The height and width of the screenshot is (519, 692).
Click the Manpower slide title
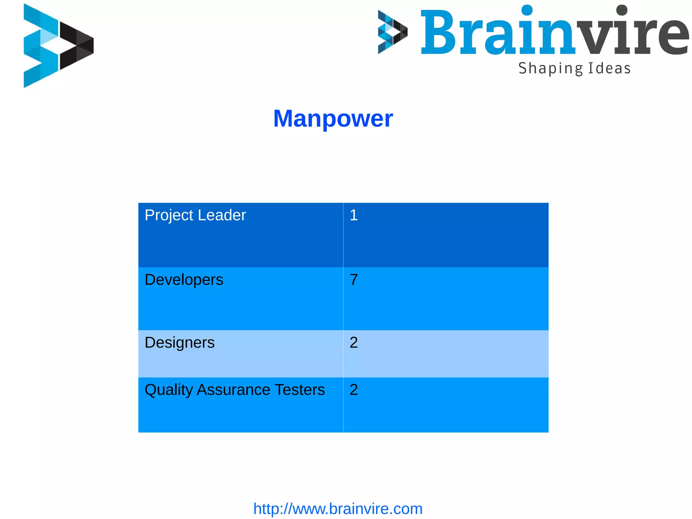333,119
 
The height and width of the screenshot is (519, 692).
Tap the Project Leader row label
195,215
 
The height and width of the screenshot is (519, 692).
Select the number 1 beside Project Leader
353,215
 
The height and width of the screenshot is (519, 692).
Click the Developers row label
184,280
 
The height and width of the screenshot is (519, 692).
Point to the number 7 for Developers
353,280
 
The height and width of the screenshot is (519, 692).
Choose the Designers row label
179,343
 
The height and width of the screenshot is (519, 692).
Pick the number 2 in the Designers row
353,343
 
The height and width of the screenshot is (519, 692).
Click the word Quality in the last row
168,390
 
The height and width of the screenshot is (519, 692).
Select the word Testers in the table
300,390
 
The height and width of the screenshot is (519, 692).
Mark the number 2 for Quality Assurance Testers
353,390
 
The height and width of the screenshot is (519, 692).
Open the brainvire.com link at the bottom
338,509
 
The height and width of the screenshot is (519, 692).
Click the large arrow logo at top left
57,46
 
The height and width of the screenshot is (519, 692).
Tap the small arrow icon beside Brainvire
392,32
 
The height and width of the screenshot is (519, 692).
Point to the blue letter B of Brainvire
439,32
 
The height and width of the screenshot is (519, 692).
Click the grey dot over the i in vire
622,10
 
